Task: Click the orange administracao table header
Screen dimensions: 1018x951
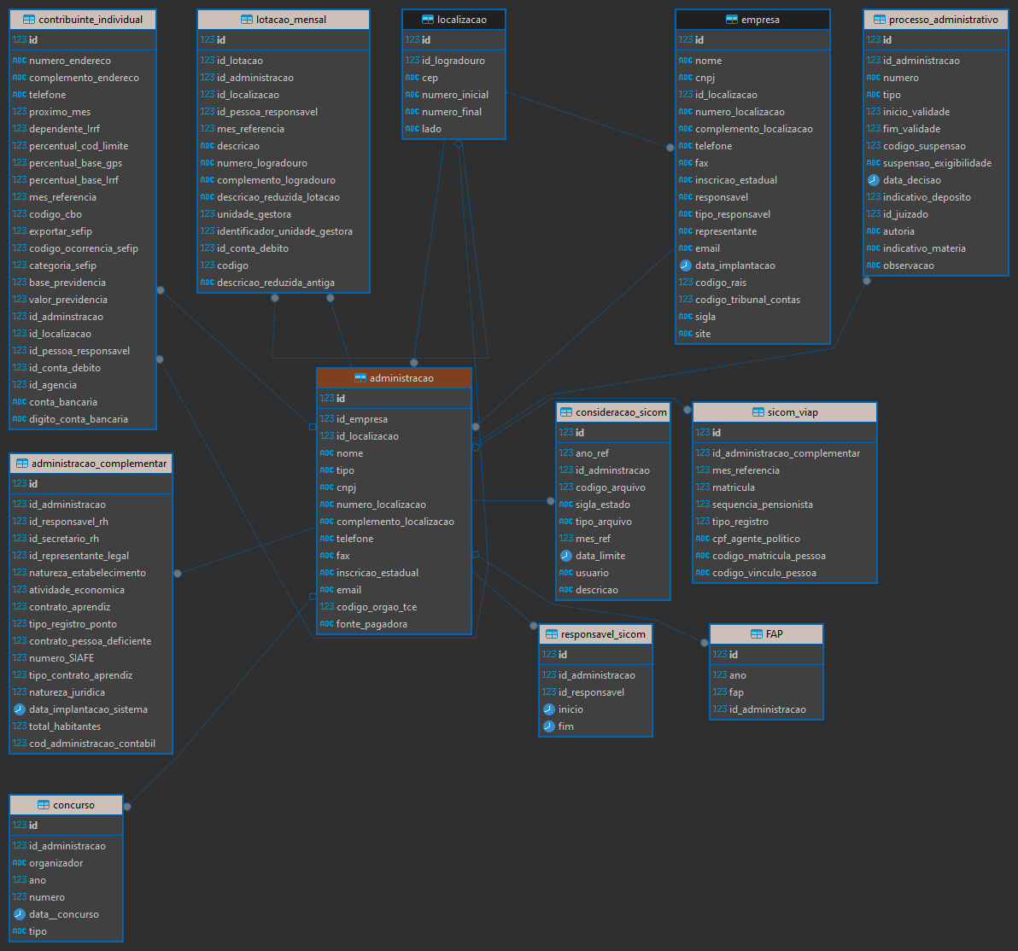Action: pyautogui.click(x=394, y=378)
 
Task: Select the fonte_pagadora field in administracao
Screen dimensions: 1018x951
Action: pyautogui.click(x=372, y=624)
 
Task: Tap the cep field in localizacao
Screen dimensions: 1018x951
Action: pyautogui.click(x=430, y=77)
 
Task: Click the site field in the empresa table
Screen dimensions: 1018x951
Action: pyautogui.click(x=703, y=334)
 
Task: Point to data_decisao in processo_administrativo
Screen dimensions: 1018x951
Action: pyautogui.click(x=911, y=180)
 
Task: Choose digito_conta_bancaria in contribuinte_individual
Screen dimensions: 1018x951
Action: pyautogui.click(x=79, y=418)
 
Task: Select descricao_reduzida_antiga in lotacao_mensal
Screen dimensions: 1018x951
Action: pyautogui.click(x=276, y=283)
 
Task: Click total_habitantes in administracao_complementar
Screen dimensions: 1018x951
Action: pyautogui.click(x=65, y=726)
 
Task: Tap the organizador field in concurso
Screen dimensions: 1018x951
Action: pyautogui.click(x=56, y=863)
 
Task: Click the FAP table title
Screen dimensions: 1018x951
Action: pyautogui.click(x=774, y=633)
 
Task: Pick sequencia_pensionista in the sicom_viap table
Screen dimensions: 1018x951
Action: pyautogui.click(x=762, y=505)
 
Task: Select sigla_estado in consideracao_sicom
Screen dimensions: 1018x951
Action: pyautogui.click(x=602, y=505)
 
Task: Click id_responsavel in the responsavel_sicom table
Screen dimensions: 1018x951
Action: pyautogui.click(x=592, y=692)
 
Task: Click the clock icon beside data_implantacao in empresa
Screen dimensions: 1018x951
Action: pyautogui.click(x=686, y=265)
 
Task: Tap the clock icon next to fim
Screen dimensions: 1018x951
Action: pyautogui.click(x=548, y=726)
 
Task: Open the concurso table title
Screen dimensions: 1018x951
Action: pyautogui.click(x=73, y=805)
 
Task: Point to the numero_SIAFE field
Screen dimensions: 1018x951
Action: pyautogui.click(x=61, y=657)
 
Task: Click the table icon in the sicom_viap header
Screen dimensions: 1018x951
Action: pyautogui.click(x=758, y=412)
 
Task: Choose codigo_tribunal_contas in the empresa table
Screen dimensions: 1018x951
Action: pyautogui.click(x=747, y=300)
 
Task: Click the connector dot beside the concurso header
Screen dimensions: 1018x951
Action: pyautogui.click(x=127, y=807)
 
